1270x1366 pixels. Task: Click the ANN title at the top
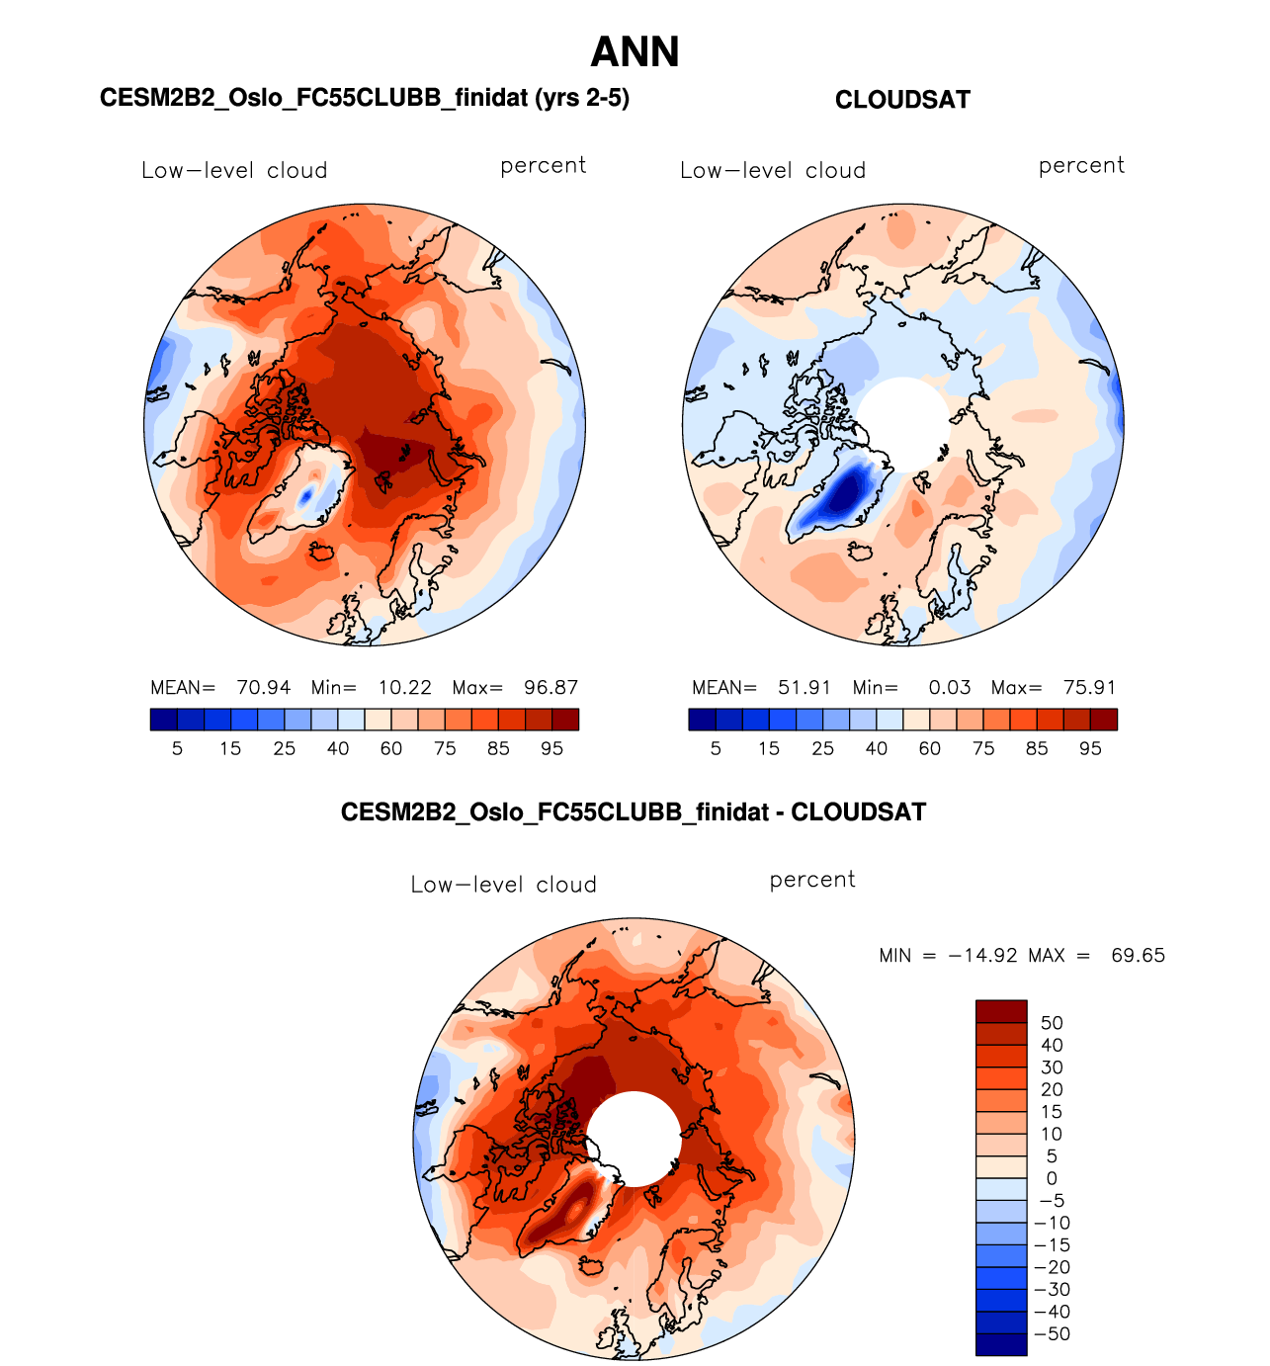coord(635,52)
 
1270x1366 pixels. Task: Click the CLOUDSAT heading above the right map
coord(902,100)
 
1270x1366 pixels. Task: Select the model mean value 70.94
coord(264,688)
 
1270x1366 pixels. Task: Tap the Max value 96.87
coord(551,688)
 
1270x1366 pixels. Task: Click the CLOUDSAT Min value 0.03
coord(950,688)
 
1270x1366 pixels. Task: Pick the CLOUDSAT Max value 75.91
coord(1090,688)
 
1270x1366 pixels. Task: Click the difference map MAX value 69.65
coord(1138,956)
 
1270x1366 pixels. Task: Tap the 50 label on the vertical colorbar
coord(1052,1023)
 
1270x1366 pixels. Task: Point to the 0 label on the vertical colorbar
coord(1052,1178)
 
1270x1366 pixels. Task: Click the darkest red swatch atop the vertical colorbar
coord(1001,1011)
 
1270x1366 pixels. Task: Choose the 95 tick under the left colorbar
coord(551,749)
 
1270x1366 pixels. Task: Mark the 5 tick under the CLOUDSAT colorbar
coord(716,749)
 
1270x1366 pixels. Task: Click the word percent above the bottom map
coord(812,880)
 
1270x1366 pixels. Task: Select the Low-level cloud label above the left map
coord(234,170)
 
